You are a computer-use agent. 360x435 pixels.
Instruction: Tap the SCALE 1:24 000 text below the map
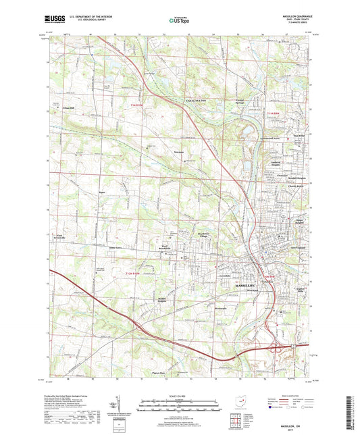pyautogui.click(x=179, y=395)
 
